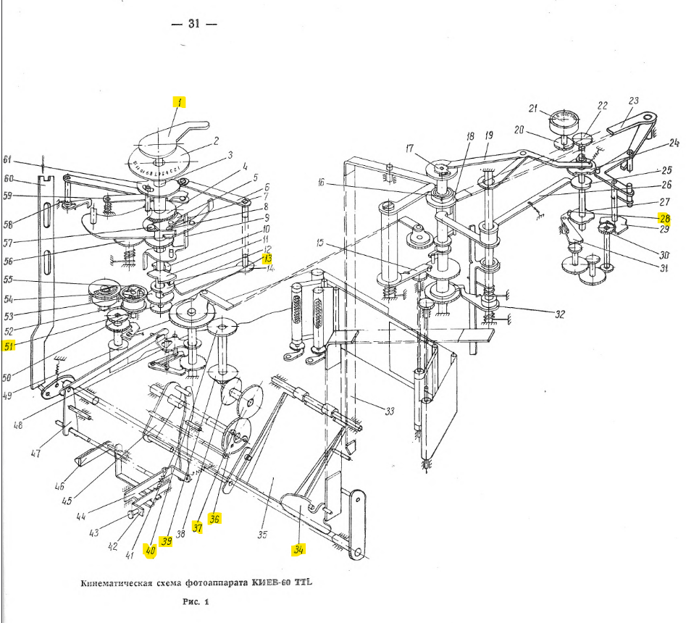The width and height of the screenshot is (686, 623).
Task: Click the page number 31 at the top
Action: point(193,24)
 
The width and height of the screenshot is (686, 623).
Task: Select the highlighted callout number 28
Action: point(664,218)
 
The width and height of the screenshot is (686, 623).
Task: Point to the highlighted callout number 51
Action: point(9,346)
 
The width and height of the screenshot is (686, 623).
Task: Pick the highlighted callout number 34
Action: point(298,549)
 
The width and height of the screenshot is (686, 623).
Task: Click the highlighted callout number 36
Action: point(214,519)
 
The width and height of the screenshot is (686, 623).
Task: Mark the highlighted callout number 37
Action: point(196,527)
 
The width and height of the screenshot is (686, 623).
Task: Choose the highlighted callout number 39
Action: point(166,541)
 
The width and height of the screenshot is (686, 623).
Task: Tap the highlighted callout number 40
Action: point(150,550)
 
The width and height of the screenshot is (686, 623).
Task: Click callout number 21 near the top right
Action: point(533,109)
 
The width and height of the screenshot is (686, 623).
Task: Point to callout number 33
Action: point(389,411)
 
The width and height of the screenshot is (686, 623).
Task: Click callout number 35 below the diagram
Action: point(262,536)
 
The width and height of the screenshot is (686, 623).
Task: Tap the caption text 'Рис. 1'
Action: point(196,601)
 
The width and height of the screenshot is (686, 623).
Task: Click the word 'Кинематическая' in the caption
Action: point(115,582)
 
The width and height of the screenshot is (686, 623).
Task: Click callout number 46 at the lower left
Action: point(60,488)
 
